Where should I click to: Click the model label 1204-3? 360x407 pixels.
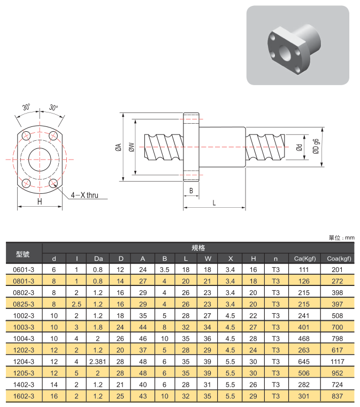coord(24,361)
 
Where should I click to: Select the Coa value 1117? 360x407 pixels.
coord(337,361)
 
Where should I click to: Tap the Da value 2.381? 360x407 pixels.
coord(98,361)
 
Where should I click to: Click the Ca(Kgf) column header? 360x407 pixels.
coord(305,259)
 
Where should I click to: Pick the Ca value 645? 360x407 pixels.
coord(304,361)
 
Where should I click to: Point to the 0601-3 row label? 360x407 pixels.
coord(24,270)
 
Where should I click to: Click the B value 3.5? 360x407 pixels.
coord(165,270)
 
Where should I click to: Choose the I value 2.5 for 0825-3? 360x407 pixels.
coord(76,304)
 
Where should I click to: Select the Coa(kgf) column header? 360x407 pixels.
coord(339,259)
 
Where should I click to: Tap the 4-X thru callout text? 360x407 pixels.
coord(85,195)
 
